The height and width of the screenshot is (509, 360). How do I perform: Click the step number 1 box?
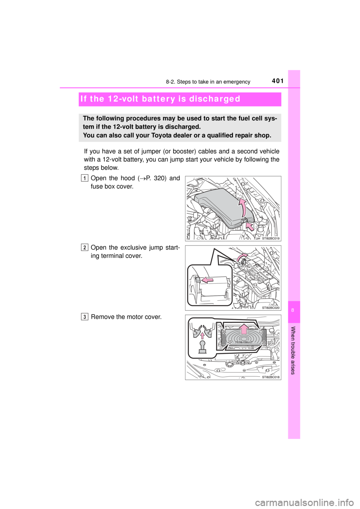[85, 178]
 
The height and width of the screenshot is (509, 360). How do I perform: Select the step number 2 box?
[85, 247]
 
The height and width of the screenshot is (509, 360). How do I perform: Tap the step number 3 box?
[85, 317]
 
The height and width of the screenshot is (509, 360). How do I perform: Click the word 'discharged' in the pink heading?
[216, 99]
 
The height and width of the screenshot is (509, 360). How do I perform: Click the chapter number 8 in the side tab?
[294, 311]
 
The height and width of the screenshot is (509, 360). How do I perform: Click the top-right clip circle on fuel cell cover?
[260, 332]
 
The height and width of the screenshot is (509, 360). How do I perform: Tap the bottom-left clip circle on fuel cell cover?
[230, 342]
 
